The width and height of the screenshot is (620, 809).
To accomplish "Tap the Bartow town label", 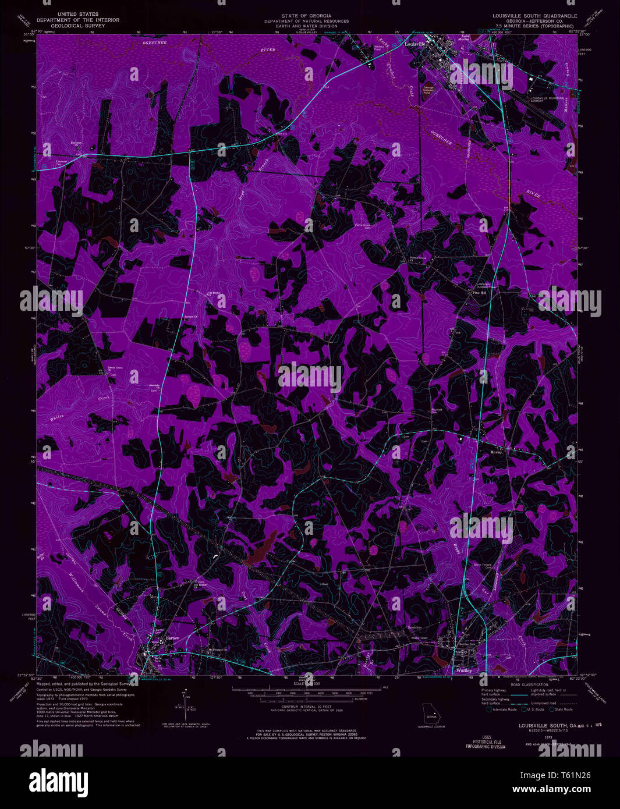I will (x=172, y=638).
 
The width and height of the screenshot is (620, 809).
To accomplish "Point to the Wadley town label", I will (x=464, y=670).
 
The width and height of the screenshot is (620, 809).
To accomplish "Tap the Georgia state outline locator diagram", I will (x=432, y=716).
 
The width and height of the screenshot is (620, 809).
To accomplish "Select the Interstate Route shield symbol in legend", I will (x=488, y=709).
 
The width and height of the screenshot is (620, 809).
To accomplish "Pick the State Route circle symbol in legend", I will (x=550, y=709).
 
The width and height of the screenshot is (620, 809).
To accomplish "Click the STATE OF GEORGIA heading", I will (x=306, y=16).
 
